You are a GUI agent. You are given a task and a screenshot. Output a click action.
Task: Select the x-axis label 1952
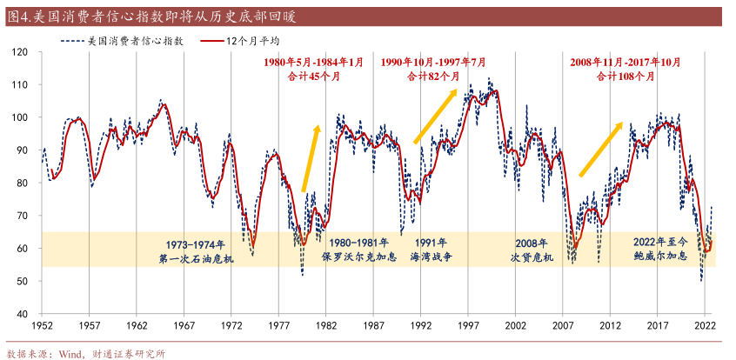point(41,325)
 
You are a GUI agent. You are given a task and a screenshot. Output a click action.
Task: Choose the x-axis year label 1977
point(279,325)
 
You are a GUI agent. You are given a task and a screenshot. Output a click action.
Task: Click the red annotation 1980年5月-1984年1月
point(313,63)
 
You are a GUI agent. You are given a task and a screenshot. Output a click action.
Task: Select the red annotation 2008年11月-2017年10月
point(626,63)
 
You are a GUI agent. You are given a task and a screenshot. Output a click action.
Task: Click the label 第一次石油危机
point(196,258)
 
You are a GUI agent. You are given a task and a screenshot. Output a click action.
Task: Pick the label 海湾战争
point(432,258)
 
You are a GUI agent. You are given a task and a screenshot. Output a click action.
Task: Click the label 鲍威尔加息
point(660,257)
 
